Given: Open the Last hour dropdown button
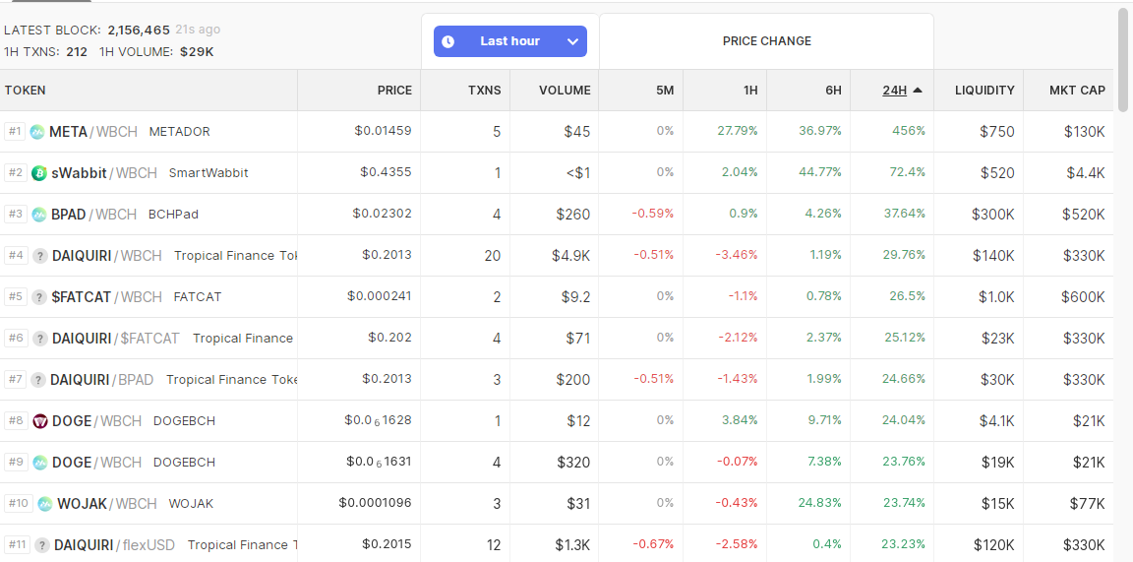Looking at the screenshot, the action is (x=510, y=41).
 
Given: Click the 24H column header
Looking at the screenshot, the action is (x=895, y=91).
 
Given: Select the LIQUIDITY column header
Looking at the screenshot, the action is (x=984, y=91).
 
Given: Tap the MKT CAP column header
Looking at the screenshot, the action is (x=1077, y=91).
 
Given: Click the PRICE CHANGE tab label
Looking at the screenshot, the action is (x=767, y=41).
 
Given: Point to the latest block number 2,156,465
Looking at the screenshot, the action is (x=139, y=31).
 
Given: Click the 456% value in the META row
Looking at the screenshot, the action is (x=910, y=131).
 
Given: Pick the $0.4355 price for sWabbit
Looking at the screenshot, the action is (x=386, y=172).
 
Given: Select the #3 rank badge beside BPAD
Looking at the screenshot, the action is (x=15, y=215).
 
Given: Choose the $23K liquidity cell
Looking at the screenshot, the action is (x=998, y=338).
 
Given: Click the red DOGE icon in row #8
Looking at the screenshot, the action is (x=40, y=421).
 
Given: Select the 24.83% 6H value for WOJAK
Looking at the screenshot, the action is (x=820, y=503).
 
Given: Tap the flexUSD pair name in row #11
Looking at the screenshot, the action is (x=149, y=544).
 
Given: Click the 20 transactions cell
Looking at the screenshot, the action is (x=493, y=255).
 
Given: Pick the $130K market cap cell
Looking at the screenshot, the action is (x=1085, y=132).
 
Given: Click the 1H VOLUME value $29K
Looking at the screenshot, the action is (x=198, y=52).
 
